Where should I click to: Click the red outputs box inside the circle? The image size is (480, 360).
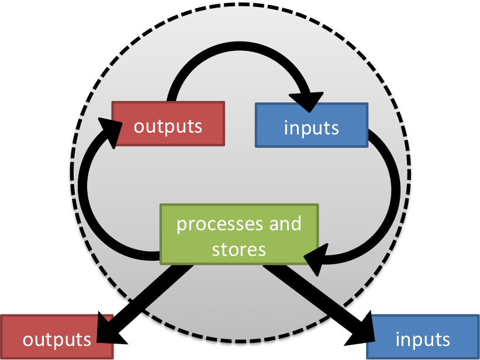pos(168,124)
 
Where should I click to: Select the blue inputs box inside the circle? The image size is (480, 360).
pos(312,125)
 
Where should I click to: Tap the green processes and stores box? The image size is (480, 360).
pos(239,233)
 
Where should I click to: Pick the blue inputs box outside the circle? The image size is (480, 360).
pos(423,337)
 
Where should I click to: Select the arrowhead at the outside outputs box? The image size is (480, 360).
pos(105,330)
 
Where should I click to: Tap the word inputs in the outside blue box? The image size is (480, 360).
pos(423,339)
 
